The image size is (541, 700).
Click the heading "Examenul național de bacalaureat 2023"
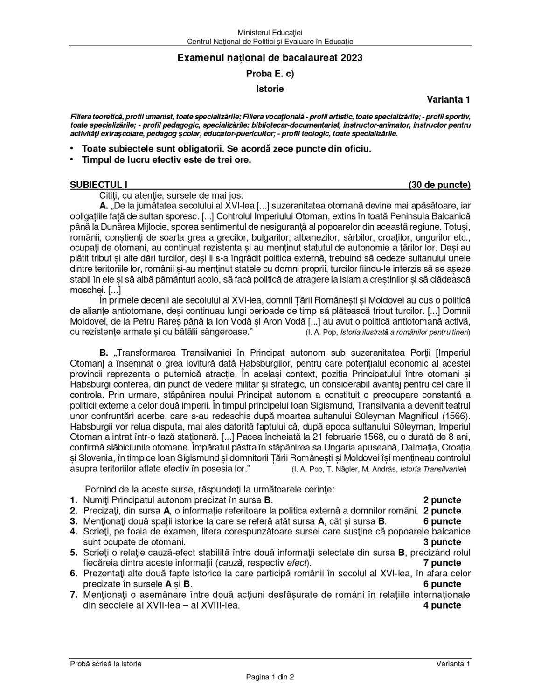click(x=270, y=58)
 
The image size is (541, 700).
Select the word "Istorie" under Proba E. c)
click(x=270, y=88)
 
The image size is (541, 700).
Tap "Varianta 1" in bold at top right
click(x=448, y=99)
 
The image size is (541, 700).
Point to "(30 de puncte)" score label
click(x=439, y=185)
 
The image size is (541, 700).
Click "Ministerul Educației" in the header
click(x=270, y=33)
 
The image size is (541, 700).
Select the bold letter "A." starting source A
click(x=104, y=206)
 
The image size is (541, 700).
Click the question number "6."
click(x=74, y=574)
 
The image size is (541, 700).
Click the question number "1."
click(x=74, y=500)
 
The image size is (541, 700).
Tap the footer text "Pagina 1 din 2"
click(x=270, y=677)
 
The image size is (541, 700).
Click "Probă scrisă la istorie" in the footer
click(x=106, y=664)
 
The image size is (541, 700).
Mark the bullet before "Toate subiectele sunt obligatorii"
click(x=72, y=149)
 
